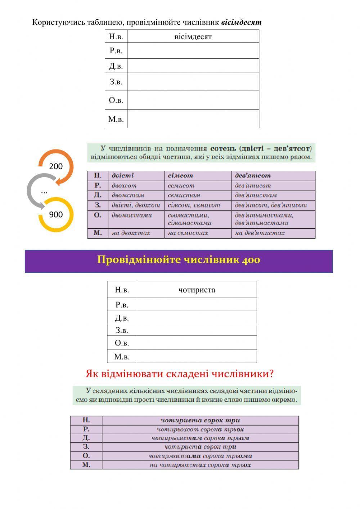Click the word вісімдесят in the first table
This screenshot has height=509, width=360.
[x=193, y=37]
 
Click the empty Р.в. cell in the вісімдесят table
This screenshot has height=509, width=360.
[x=193, y=51]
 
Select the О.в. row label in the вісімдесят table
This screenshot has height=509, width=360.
[x=116, y=100]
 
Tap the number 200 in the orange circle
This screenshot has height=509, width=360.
[x=56, y=166]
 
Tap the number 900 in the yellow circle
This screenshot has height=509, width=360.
[x=56, y=215]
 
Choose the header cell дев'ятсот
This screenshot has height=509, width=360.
[x=252, y=176]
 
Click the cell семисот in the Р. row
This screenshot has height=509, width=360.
[x=181, y=186]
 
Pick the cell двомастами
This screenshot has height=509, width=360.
[x=132, y=215]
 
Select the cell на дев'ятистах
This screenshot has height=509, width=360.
[x=260, y=233]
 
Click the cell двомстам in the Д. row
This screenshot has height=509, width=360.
[x=128, y=195]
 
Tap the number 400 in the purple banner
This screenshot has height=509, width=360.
[x=251, y=260]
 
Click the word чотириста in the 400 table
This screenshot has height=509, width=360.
[x=197, y=290]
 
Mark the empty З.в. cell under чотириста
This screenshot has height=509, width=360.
[x=197, y=330]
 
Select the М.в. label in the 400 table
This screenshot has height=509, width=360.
[x=122, y=357]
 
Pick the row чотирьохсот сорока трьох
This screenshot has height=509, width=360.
[x=200, y=429]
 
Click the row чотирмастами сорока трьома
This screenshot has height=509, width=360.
[x=200, y=456]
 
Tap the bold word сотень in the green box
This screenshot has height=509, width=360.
[x=223, y=148]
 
